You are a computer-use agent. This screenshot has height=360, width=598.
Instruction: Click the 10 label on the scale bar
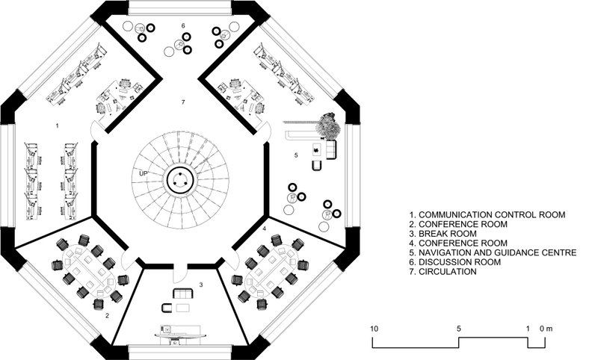375,328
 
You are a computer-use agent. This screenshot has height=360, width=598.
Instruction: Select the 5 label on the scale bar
459,328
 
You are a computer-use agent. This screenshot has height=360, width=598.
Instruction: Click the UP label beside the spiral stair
142,174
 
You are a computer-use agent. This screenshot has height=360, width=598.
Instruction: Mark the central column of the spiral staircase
181,179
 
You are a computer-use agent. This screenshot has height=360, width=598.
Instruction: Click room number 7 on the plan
181,100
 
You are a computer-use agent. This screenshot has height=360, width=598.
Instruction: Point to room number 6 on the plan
182,26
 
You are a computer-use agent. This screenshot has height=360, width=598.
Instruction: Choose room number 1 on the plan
58,127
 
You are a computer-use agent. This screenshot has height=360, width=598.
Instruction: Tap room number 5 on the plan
296,155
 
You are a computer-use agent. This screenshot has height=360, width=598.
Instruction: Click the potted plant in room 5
327,125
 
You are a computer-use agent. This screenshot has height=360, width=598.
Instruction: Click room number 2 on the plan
107,316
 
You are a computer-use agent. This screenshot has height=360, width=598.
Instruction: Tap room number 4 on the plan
264,227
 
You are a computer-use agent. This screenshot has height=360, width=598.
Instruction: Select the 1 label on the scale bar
528,328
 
